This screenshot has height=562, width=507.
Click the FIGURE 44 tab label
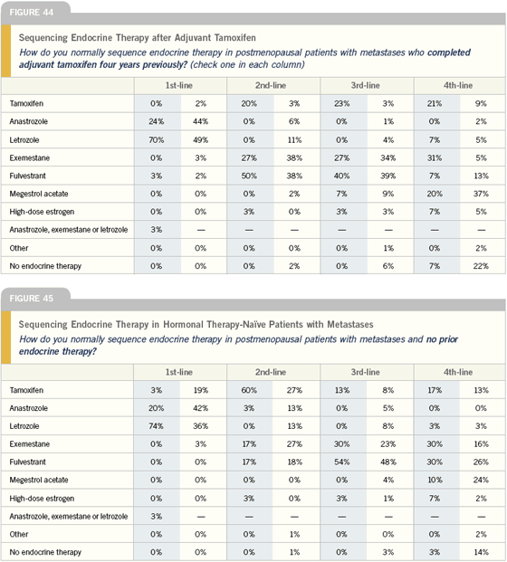coord(31,13)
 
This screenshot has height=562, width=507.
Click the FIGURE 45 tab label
coord(31,299)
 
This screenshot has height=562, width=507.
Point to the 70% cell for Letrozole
coord(157,139)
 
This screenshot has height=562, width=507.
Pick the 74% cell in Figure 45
coord(157,426)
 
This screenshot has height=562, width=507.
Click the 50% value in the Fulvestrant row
coord(249,176)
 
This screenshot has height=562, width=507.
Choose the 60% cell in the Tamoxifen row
coord(249,390)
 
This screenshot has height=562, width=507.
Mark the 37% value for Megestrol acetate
coord(481,194)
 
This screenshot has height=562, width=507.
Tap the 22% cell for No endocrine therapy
coord(481,266)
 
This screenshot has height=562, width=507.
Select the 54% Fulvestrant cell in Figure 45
coord(341,462)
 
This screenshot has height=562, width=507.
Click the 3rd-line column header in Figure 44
coord(366,86)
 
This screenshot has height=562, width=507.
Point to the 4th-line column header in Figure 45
coord(458,372)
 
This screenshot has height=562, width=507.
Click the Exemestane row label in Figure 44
coord(30,158)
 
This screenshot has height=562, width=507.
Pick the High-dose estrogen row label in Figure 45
coord(42,499)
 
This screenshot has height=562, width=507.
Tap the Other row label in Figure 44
coord(19,248)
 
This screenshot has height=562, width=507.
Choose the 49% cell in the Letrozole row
coord(200,139)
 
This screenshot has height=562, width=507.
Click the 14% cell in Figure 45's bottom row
coord(481,552)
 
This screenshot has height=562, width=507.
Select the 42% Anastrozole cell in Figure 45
coord(200,408)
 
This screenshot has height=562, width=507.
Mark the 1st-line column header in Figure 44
coord(179,86)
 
